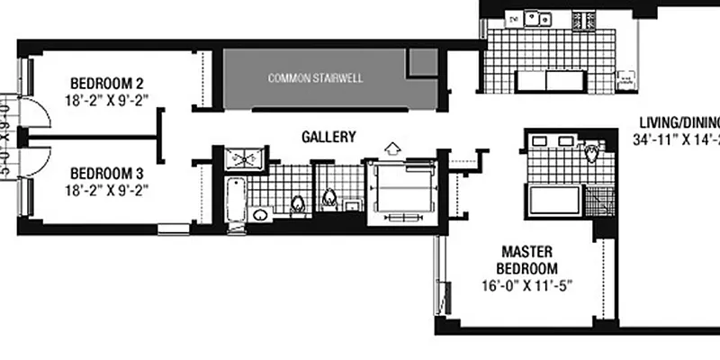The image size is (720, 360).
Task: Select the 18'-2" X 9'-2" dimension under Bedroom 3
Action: tap(107, 189)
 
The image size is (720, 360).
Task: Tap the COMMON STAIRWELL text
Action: tap(316, 78)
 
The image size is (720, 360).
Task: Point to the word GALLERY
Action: tap(328, 137)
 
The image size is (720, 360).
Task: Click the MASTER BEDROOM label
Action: tap(527, 260)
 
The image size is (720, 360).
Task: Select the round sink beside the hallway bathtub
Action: tap(259, 215)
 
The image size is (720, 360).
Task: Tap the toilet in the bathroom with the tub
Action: tap(299, 204)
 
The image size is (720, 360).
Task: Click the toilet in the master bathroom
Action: tap(591, 153)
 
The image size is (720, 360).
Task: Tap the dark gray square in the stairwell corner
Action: tap(422, 61)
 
